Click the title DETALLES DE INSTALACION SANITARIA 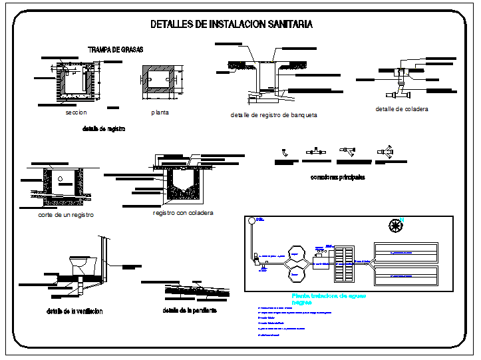[232, 25]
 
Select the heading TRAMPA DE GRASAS [116, 49]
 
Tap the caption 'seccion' [77, 112]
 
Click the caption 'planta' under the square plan [160, 112]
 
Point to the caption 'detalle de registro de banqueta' [273, 115]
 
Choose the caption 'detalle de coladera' [402, 108]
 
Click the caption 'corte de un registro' [66, 215]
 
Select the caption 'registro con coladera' [183, 213]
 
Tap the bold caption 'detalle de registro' [104, 128]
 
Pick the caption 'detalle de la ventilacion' [75, 311]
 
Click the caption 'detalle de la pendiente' [190, 310]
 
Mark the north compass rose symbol [396, 226]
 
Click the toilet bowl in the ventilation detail [80, 264]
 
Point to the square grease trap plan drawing [160, 83]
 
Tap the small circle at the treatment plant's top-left [251, 221]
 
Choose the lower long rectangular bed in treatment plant [406, 274]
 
